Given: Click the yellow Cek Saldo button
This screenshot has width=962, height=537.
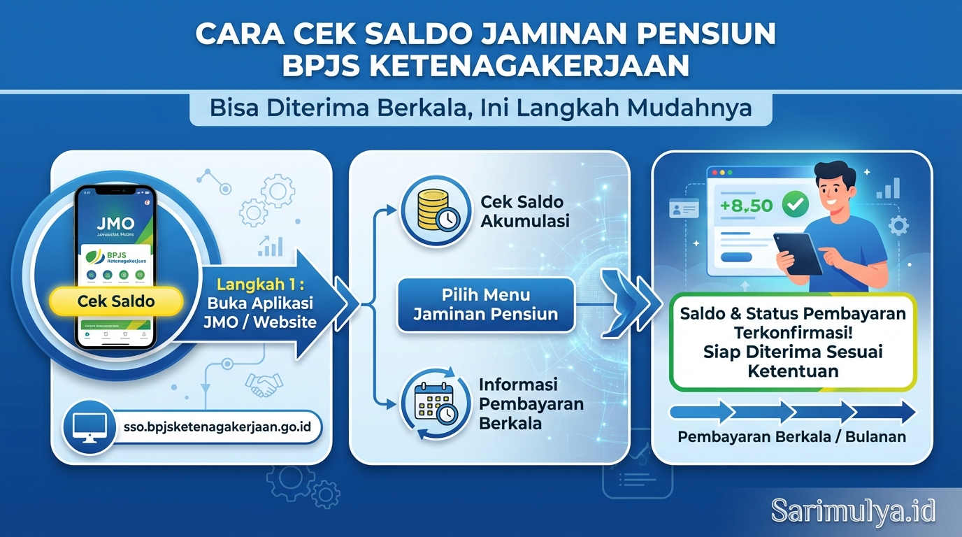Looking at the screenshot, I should click(x=116, y=302).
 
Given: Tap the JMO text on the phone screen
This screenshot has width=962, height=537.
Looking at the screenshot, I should click(x=115, y=225).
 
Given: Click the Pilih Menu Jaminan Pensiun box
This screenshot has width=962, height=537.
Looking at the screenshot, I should click(x=485, y=304).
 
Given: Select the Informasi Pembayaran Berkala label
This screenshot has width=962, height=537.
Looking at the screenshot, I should click(x=531, y=404).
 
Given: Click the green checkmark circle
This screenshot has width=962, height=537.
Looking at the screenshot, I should click(x=794, y=204).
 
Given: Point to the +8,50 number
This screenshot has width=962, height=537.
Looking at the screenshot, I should click(x=747, y=206).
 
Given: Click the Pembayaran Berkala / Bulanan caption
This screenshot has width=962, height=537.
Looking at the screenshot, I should click(x=791, y=437).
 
